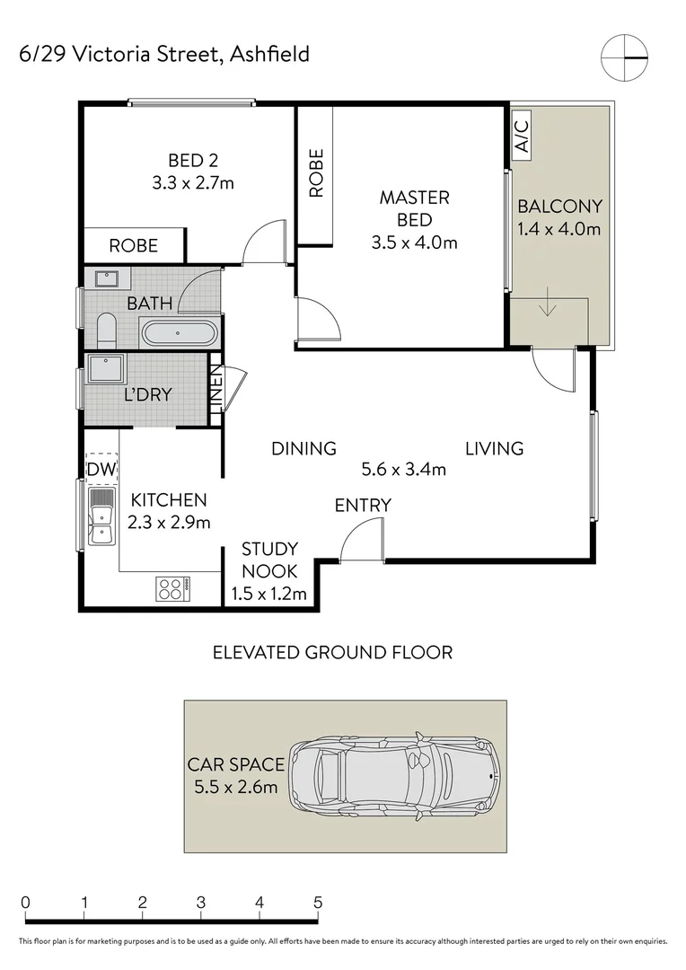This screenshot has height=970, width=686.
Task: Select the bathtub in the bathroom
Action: [179, 333]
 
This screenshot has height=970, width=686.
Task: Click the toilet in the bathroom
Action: [105, 331]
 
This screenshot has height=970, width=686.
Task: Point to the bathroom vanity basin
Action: [108, 278]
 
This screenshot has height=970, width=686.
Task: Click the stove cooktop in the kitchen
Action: [171, 588]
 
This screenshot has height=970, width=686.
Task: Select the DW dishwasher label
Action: [101, 469]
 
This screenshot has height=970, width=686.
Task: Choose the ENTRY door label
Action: [363, 506]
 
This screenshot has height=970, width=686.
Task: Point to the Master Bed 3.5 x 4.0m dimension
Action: [414, 242]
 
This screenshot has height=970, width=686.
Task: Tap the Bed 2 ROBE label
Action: [134, 245]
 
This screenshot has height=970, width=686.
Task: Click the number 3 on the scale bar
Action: [200, 903]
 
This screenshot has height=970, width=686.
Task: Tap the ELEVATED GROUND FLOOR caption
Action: [332, 652]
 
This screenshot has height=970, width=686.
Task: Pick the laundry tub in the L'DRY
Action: [106, 368]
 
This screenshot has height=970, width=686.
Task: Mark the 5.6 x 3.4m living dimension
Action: [403, 469]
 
